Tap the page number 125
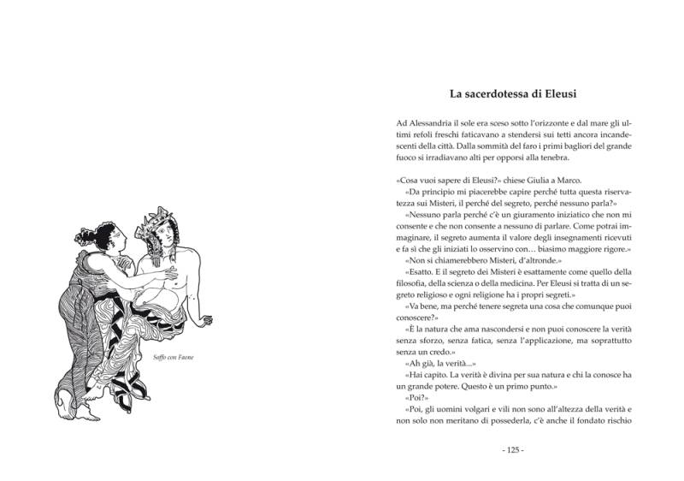pos(513,449)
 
